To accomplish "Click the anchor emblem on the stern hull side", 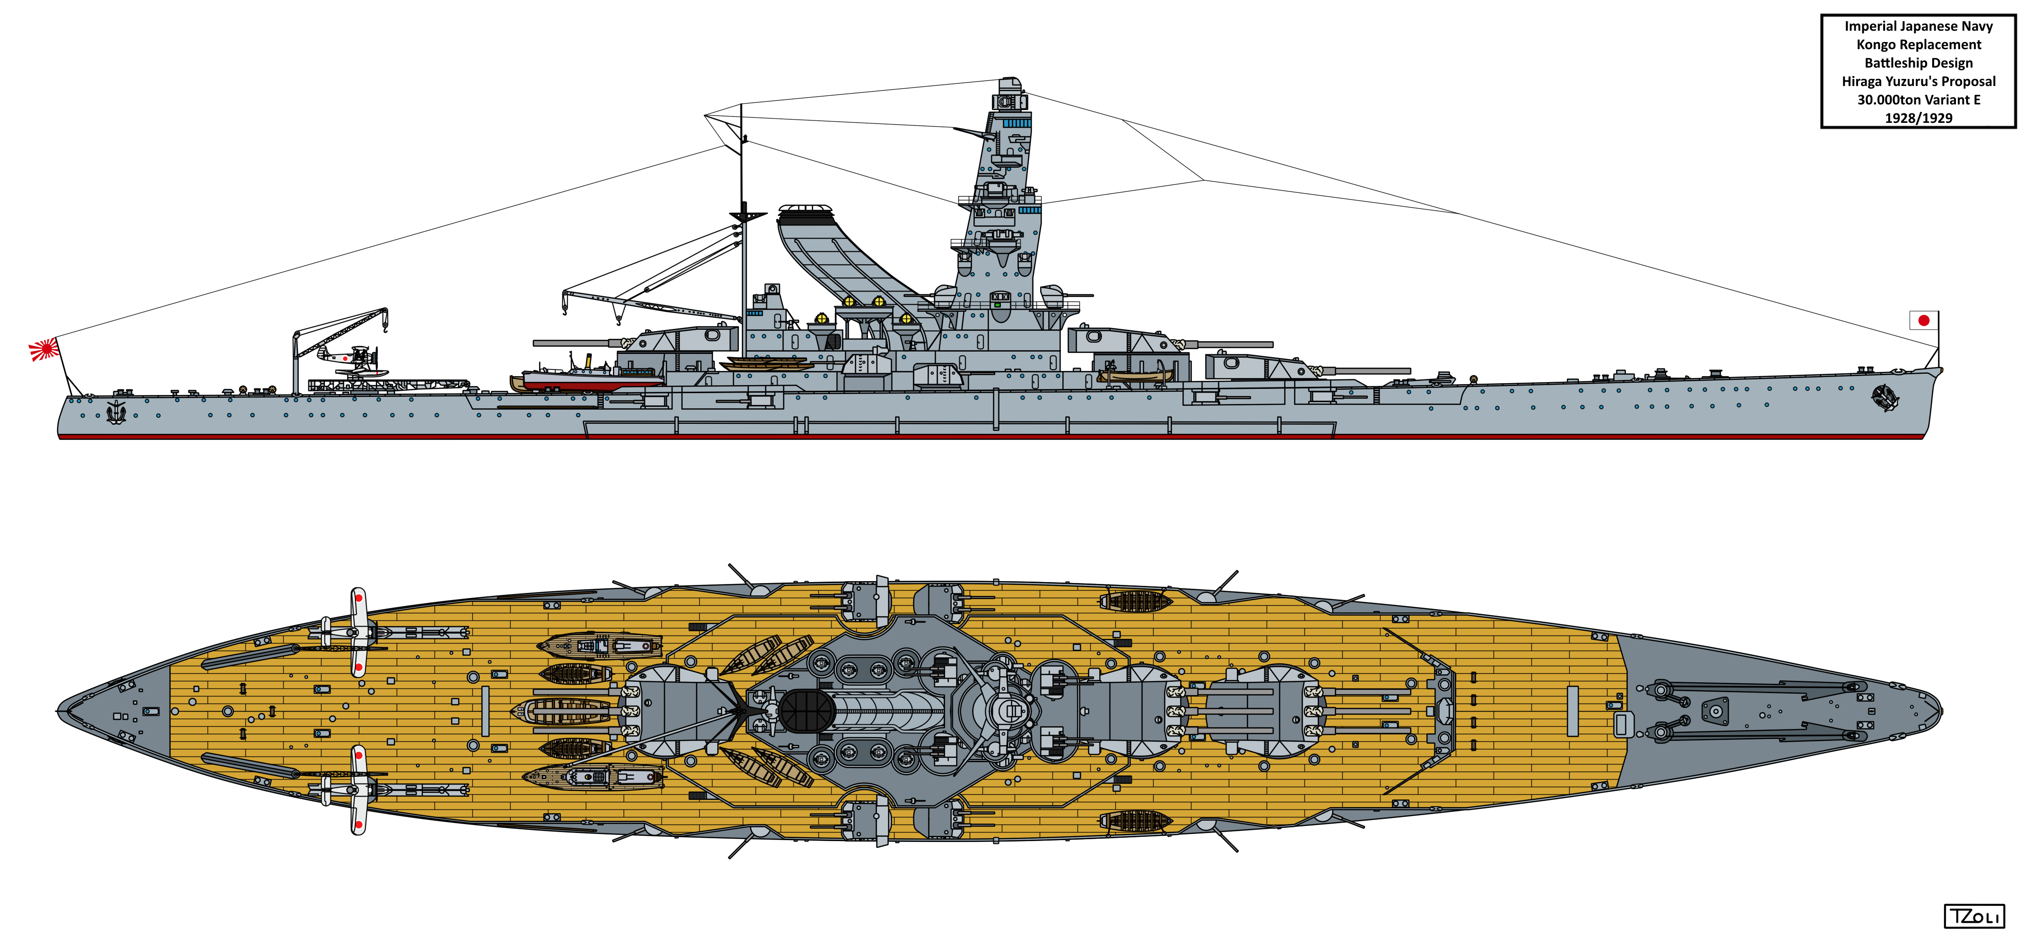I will coord(116,412).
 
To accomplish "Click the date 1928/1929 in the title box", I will coord(1919,118).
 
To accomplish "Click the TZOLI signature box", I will coord(1973,917).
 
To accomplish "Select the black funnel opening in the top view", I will coord(807,711).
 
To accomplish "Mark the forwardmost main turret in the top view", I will coord(1263,711).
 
